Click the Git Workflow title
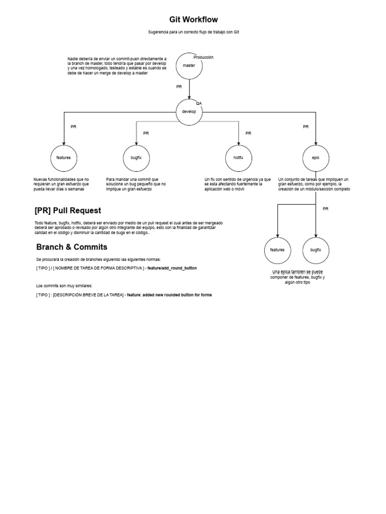coord(194,20)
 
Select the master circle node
coord(189,66)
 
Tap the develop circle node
coord(189,111)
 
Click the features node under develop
coord(64,158)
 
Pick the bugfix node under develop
coord(136,158)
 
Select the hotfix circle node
coord(238,158)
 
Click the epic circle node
coord(316,158)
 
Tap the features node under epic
coord(277,249)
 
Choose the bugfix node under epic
coord(316,249)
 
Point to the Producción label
coord(204,57)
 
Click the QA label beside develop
coord(199,103)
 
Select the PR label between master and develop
coord(179,87)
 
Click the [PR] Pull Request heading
coord(68,210)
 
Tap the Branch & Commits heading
coord(72,247)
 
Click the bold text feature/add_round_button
coord(172,268)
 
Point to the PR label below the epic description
coord(325,209)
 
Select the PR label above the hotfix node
coord(248,133)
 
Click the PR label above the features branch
coord(73,127)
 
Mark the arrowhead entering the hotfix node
coord(238,143)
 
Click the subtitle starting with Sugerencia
coord(194,32)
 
